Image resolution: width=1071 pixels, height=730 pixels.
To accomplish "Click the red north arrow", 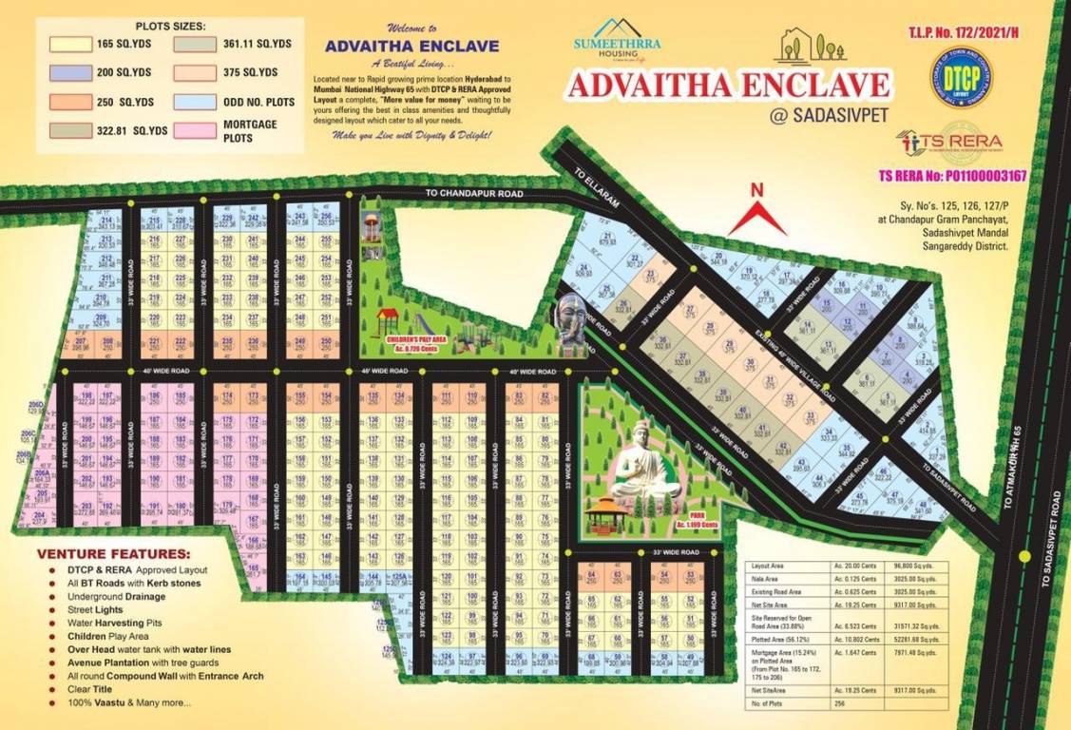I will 757,212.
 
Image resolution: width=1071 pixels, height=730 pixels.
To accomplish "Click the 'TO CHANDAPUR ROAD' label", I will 474,194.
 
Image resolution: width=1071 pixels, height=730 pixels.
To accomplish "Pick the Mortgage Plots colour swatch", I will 195,130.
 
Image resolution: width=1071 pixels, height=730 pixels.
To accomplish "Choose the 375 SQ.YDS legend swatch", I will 195,72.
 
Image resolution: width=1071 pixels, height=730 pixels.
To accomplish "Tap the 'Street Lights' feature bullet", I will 95,609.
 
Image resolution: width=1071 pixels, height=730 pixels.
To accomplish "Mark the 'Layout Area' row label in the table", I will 767,565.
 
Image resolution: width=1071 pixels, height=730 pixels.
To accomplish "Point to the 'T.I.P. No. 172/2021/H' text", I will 962,33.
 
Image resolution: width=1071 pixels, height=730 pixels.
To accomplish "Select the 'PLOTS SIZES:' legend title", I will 171,26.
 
